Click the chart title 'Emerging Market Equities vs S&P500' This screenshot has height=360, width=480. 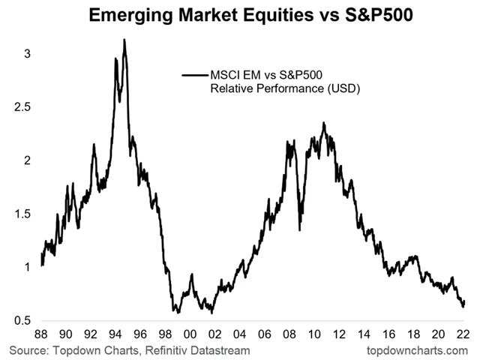(x=240, y=15)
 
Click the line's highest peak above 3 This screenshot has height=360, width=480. (x=124, y=40)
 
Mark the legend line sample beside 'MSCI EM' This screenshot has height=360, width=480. (x=193, y=75)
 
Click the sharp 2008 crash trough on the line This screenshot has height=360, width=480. (x=299, y=229)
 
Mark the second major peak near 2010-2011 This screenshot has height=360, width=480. (x=324, y=124)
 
